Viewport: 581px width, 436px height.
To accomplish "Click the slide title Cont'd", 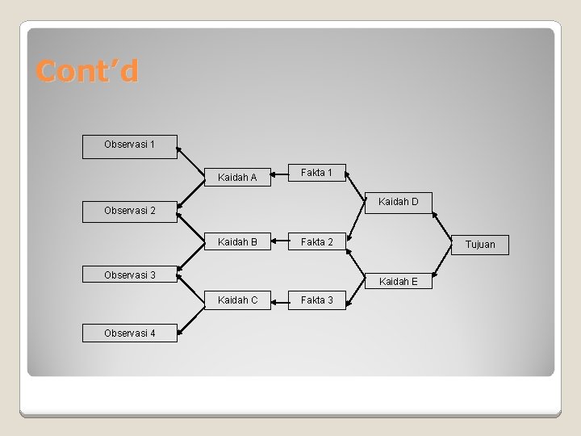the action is click(x=87, y=72).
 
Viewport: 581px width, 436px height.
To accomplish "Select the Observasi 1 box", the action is click(x=130, y=146).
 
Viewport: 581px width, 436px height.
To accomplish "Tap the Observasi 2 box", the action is click(x=130, y=211).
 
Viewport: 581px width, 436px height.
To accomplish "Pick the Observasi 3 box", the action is click(x=130, y=275).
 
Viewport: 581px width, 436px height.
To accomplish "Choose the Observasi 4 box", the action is click(x=130, y=333).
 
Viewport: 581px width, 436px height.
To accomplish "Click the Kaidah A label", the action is click(x=237, y=178).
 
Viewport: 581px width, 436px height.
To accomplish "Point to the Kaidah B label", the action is click(x=237, y=242).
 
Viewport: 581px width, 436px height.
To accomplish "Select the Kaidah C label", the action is click(x=237, y=300).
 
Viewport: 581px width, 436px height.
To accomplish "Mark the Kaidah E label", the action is click(x=399, y=281).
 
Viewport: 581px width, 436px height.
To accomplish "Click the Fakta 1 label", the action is click(x=316, y=172).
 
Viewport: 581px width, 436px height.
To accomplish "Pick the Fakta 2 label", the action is click(x=316, y=242).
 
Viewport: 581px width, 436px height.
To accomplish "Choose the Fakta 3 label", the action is click(x=316, y=300).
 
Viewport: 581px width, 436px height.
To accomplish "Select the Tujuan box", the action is click(x=480, y=244).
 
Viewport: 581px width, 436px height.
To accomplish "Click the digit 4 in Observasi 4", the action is click(x=153, y=333).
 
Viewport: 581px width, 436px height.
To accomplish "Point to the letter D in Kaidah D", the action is click(x=415, y=201).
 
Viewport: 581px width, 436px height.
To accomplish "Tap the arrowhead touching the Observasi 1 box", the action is click(x=180, y=148).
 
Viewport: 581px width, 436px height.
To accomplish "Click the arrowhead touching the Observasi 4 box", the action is click(x=180, y=333).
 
